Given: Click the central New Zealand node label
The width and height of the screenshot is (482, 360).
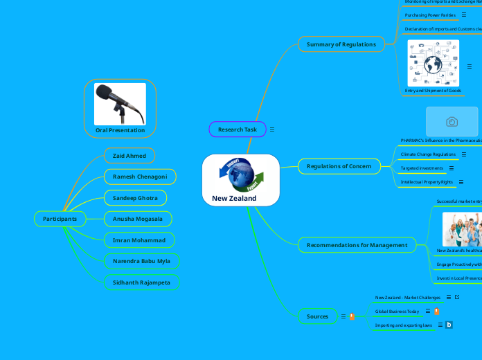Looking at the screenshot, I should (234, 199).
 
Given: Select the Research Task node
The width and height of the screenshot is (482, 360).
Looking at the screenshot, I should (237, 129).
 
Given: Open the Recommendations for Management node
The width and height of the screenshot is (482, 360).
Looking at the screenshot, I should (357, 245).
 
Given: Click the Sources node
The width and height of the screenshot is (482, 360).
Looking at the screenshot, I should (317, 316).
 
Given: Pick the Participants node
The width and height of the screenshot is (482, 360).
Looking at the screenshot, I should (60, 219).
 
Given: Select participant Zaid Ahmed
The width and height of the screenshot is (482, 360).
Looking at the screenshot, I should (130, 156).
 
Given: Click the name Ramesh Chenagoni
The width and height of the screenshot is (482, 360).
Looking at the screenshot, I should (140, 177).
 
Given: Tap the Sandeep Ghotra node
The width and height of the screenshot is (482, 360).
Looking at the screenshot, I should (135, 198).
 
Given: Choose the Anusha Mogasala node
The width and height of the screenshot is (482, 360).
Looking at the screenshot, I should (137, 219).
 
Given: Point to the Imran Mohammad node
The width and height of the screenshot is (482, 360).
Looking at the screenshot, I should (139, 240).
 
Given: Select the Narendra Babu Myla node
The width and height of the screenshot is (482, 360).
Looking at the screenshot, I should (141, 261).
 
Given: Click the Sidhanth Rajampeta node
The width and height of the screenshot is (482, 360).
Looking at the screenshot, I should (141, 282).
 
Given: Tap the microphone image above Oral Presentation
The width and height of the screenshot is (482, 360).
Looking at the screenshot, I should (120, 104).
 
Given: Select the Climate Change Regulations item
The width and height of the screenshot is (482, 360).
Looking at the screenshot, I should (428, 154).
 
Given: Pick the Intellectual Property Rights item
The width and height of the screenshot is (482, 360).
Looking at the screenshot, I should (427, 182).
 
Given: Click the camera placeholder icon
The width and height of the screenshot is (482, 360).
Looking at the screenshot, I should (452, 122).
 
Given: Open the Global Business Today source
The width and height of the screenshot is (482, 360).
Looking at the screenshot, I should (397, 312).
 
